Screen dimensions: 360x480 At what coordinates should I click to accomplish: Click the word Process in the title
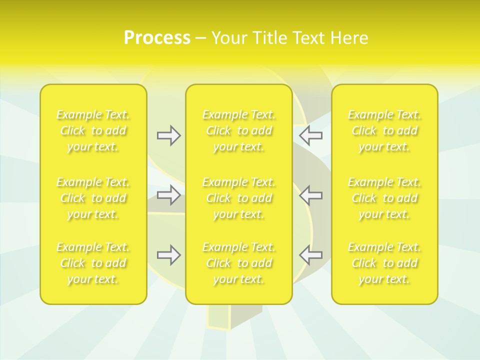click(x=157, y=38)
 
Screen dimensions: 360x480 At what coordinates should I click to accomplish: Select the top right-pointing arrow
click(x=168, y=135)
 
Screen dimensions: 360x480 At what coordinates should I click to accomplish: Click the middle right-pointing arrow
click(x=168, y=194)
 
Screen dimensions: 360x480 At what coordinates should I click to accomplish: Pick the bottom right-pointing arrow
click(x=168, y=255)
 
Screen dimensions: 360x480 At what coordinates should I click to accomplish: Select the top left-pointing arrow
click(x=311, y=135)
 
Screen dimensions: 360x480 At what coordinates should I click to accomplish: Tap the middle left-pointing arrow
click(x=311, y=194)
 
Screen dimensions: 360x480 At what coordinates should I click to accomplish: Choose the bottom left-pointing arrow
click(x=311, y=255)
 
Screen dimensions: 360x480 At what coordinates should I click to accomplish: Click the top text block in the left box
click(x=93, y=130)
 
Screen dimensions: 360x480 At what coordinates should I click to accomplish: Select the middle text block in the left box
click(x=93, y=198)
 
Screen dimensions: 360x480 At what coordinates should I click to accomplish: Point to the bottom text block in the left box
click(x=93, y=263)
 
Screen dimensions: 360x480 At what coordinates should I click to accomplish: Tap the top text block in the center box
click(x=238, y=130)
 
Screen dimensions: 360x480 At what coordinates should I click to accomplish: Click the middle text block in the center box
click(x=238, y=198)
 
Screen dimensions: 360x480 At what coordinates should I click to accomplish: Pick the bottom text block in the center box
click(x=238, y=263)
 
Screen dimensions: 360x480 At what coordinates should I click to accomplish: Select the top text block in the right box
click(x=384, y=130)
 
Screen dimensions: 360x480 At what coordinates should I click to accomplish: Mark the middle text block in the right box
click(x=384, y=198)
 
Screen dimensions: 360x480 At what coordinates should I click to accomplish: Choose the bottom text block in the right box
click(x=384, y=263)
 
